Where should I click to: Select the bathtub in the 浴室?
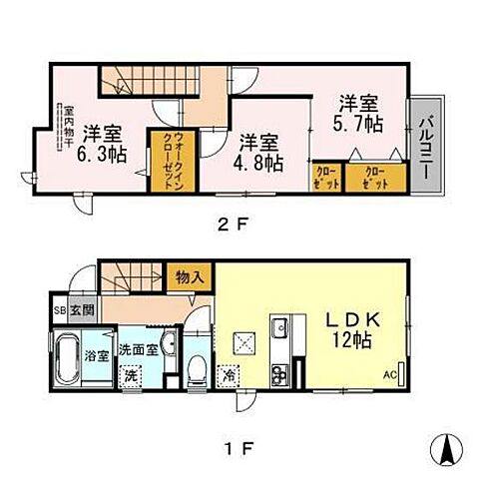[65, 362]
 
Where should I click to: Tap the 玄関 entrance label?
[81, 310]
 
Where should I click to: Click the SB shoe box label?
[59, 310]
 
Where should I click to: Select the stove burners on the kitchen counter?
[279, 374]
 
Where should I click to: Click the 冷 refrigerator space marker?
[229, 376]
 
